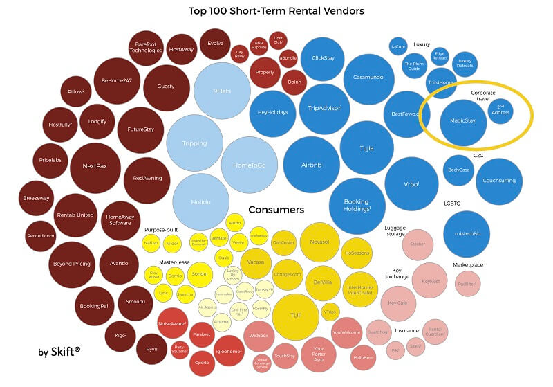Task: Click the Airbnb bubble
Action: (x=311, y=165)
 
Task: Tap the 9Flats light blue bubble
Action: (x=222, y=91)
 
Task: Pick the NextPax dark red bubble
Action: (x=95, y=166)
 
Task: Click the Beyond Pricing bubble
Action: (x=72, y=264)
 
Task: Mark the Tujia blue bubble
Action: (x=366, y=147)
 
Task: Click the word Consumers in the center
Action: (x=276, y=209)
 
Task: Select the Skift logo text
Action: (x=59, y=352)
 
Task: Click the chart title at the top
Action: (x=276, y=11)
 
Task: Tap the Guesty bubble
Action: (x=166, y=87)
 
